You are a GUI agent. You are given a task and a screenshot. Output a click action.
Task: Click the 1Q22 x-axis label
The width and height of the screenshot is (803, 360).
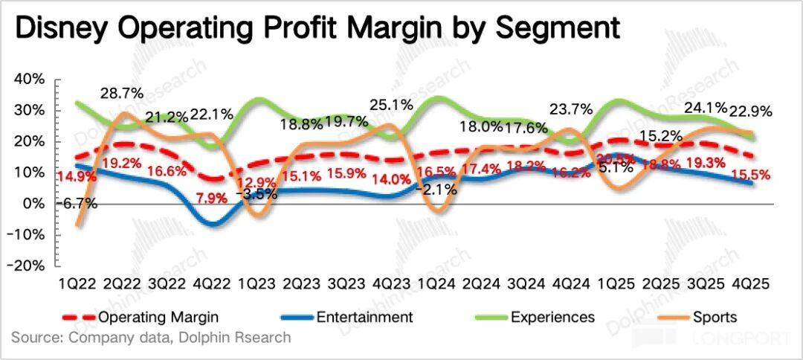point(77,284)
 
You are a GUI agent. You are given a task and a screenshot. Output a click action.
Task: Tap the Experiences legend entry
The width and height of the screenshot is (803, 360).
point(552,318)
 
